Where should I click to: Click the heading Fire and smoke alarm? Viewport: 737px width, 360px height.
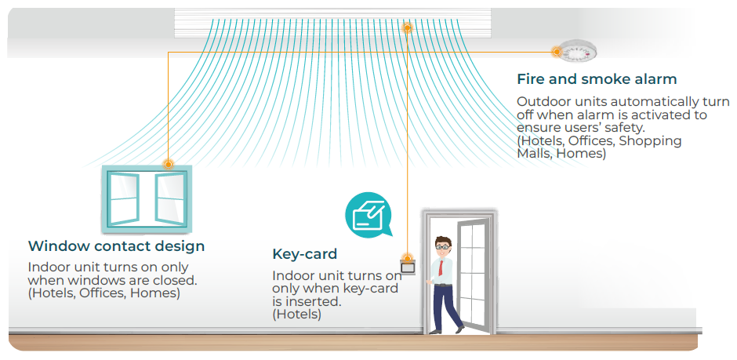(x=597, y=79)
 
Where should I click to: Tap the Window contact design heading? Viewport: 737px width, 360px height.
(x=116, y=245)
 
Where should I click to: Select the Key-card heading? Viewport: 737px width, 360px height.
(x=304, y=254)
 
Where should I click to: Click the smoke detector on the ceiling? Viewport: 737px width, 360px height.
(x=577, y=50)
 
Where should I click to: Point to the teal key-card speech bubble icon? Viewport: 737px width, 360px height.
(x=367, y=214)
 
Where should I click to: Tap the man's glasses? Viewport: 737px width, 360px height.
(x=442, y=246)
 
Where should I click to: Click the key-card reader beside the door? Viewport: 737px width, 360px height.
(x=408, y=267)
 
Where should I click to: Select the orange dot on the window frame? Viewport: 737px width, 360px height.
(x=168, y=164)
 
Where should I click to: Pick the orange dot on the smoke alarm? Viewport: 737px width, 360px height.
(x=557, y=52)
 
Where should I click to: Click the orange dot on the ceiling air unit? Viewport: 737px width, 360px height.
(x=408, y=27)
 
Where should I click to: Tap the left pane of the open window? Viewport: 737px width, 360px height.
(x=124, y=198)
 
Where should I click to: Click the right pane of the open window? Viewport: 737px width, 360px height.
(x=169, y=198)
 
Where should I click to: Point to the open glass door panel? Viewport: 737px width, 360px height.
(x=472, y=274)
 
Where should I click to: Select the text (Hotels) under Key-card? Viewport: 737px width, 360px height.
(x=296, y=315)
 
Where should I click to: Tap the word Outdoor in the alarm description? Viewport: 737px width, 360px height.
(x=539, y=102)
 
